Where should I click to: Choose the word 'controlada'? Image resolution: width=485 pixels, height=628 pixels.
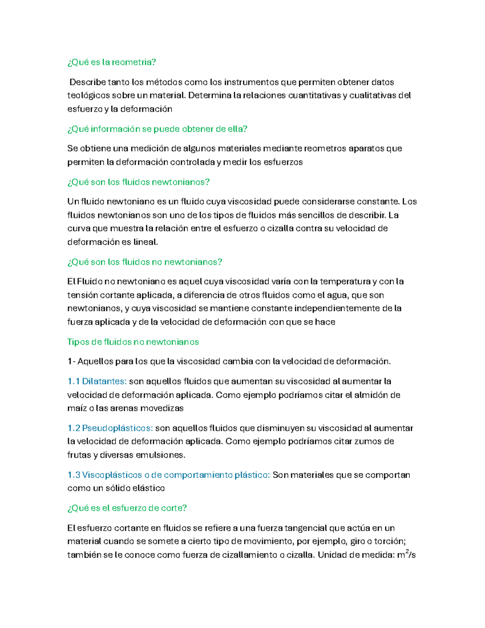pyautogui.click(x=192, y=163)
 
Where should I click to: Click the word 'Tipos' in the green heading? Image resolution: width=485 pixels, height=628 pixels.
pyautogui.click(x=78, y=342)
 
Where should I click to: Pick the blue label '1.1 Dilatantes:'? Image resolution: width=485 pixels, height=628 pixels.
pyautogui.click(x=97, y=381)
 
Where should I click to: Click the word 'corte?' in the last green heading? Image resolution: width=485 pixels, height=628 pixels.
pyautogui.click(x=174, y=508)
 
